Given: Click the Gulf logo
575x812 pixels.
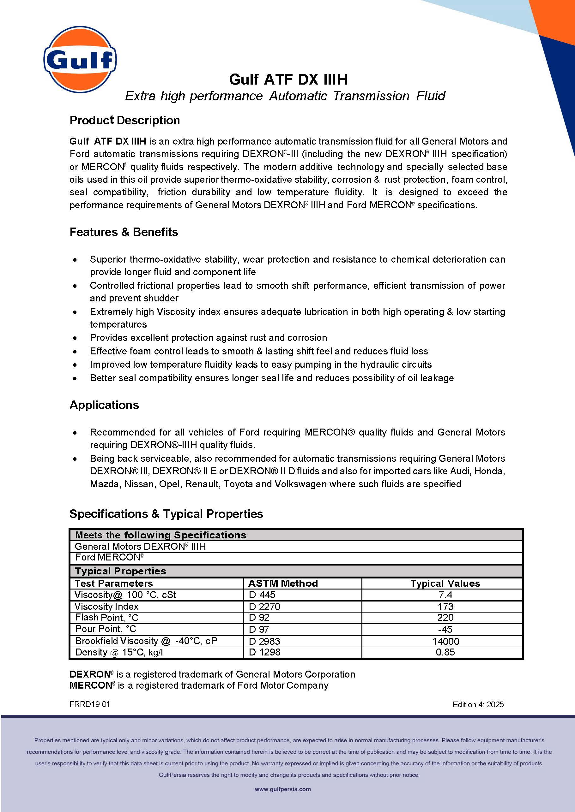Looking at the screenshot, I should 80,59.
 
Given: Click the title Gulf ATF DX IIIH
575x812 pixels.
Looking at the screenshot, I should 288,80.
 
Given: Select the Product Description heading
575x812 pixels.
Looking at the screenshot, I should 124,120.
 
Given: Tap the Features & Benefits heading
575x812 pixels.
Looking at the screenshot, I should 124,232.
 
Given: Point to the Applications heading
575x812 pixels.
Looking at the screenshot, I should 104,405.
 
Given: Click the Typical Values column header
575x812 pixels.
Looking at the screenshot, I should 445,583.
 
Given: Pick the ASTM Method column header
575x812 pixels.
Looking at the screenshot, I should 283,583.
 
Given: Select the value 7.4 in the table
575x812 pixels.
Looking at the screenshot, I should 445,595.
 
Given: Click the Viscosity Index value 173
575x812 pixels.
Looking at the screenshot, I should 445,607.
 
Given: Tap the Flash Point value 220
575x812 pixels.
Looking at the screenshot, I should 445,618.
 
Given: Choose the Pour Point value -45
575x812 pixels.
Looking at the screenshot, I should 445,629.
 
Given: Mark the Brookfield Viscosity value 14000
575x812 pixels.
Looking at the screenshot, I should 445,641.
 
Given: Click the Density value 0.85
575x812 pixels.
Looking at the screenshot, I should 445,652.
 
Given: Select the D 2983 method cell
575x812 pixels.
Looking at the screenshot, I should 264,641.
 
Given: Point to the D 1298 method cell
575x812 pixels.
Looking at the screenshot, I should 264,652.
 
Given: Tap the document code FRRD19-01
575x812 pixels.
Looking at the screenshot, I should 90,704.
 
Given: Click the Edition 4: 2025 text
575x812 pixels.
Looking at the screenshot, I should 478,704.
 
